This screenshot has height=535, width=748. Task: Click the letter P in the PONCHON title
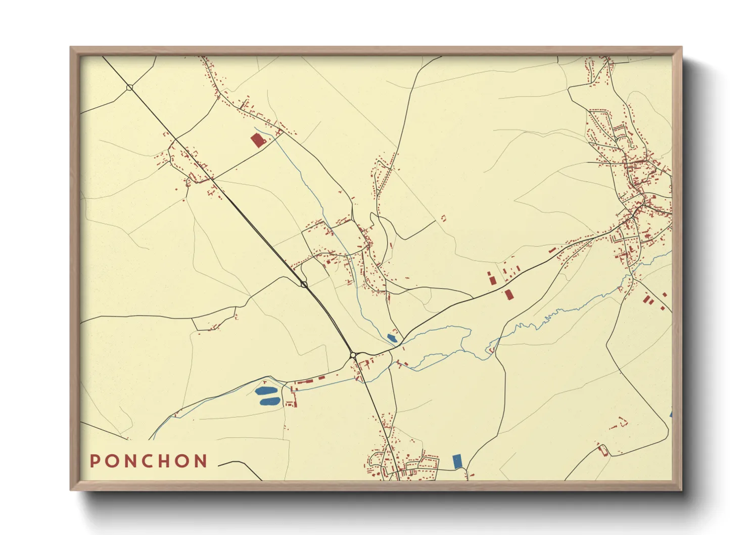(95, 461)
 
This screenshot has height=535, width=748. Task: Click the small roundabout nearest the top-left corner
(129, 88)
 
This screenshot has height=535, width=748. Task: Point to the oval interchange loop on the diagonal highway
(304, 285)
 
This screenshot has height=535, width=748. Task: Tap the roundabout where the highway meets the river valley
(353, 355)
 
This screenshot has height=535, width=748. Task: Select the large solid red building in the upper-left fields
(258, 140)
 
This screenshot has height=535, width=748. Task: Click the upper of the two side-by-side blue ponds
(266, 390)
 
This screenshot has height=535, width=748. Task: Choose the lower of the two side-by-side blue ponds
(270, 402)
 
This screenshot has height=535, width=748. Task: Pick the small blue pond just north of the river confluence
(392, 337)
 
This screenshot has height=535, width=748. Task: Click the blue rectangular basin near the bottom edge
(457, 461)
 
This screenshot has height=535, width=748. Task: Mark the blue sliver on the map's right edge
(671, 414)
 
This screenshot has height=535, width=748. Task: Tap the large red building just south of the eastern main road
(508, 294)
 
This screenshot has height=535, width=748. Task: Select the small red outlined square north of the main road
(444, 218)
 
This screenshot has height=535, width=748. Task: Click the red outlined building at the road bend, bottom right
(602, 449)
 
